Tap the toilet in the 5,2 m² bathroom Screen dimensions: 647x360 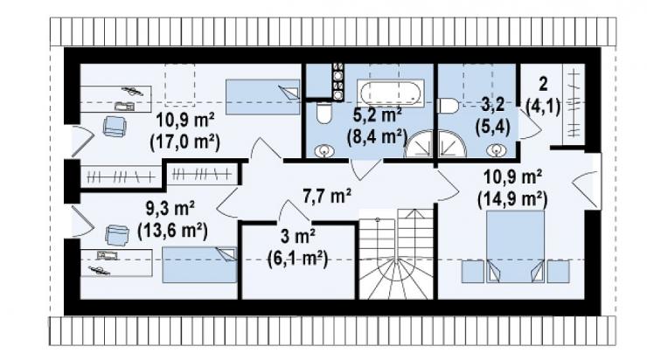tap(323, 113)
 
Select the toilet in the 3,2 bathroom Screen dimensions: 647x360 tap(448, 106)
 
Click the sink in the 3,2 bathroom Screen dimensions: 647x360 tap(497, 150)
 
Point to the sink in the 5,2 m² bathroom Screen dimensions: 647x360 tap(324, 151)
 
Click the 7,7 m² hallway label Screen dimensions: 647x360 tap(327, 196)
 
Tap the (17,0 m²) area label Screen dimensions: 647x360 tap(184, 142)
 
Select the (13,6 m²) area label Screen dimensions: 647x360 tap(172, 231)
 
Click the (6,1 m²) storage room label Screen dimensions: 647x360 tap(297, 260)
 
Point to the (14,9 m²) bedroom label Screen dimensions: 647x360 tap(512, 200)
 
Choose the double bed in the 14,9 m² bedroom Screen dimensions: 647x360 tap(515, 246)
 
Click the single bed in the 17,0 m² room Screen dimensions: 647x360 tap(263, 97)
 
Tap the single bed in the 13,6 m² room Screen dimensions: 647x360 tap(199, 265)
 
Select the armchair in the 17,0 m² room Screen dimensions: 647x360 tap(115, 126)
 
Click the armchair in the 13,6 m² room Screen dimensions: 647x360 tap(117, 235)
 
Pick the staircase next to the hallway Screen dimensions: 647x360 tap(396, 253)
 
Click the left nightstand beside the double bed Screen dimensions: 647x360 tap(472, 272)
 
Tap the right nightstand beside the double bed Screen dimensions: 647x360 tap(559, 272)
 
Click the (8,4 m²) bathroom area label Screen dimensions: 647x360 tap(377, 136)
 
